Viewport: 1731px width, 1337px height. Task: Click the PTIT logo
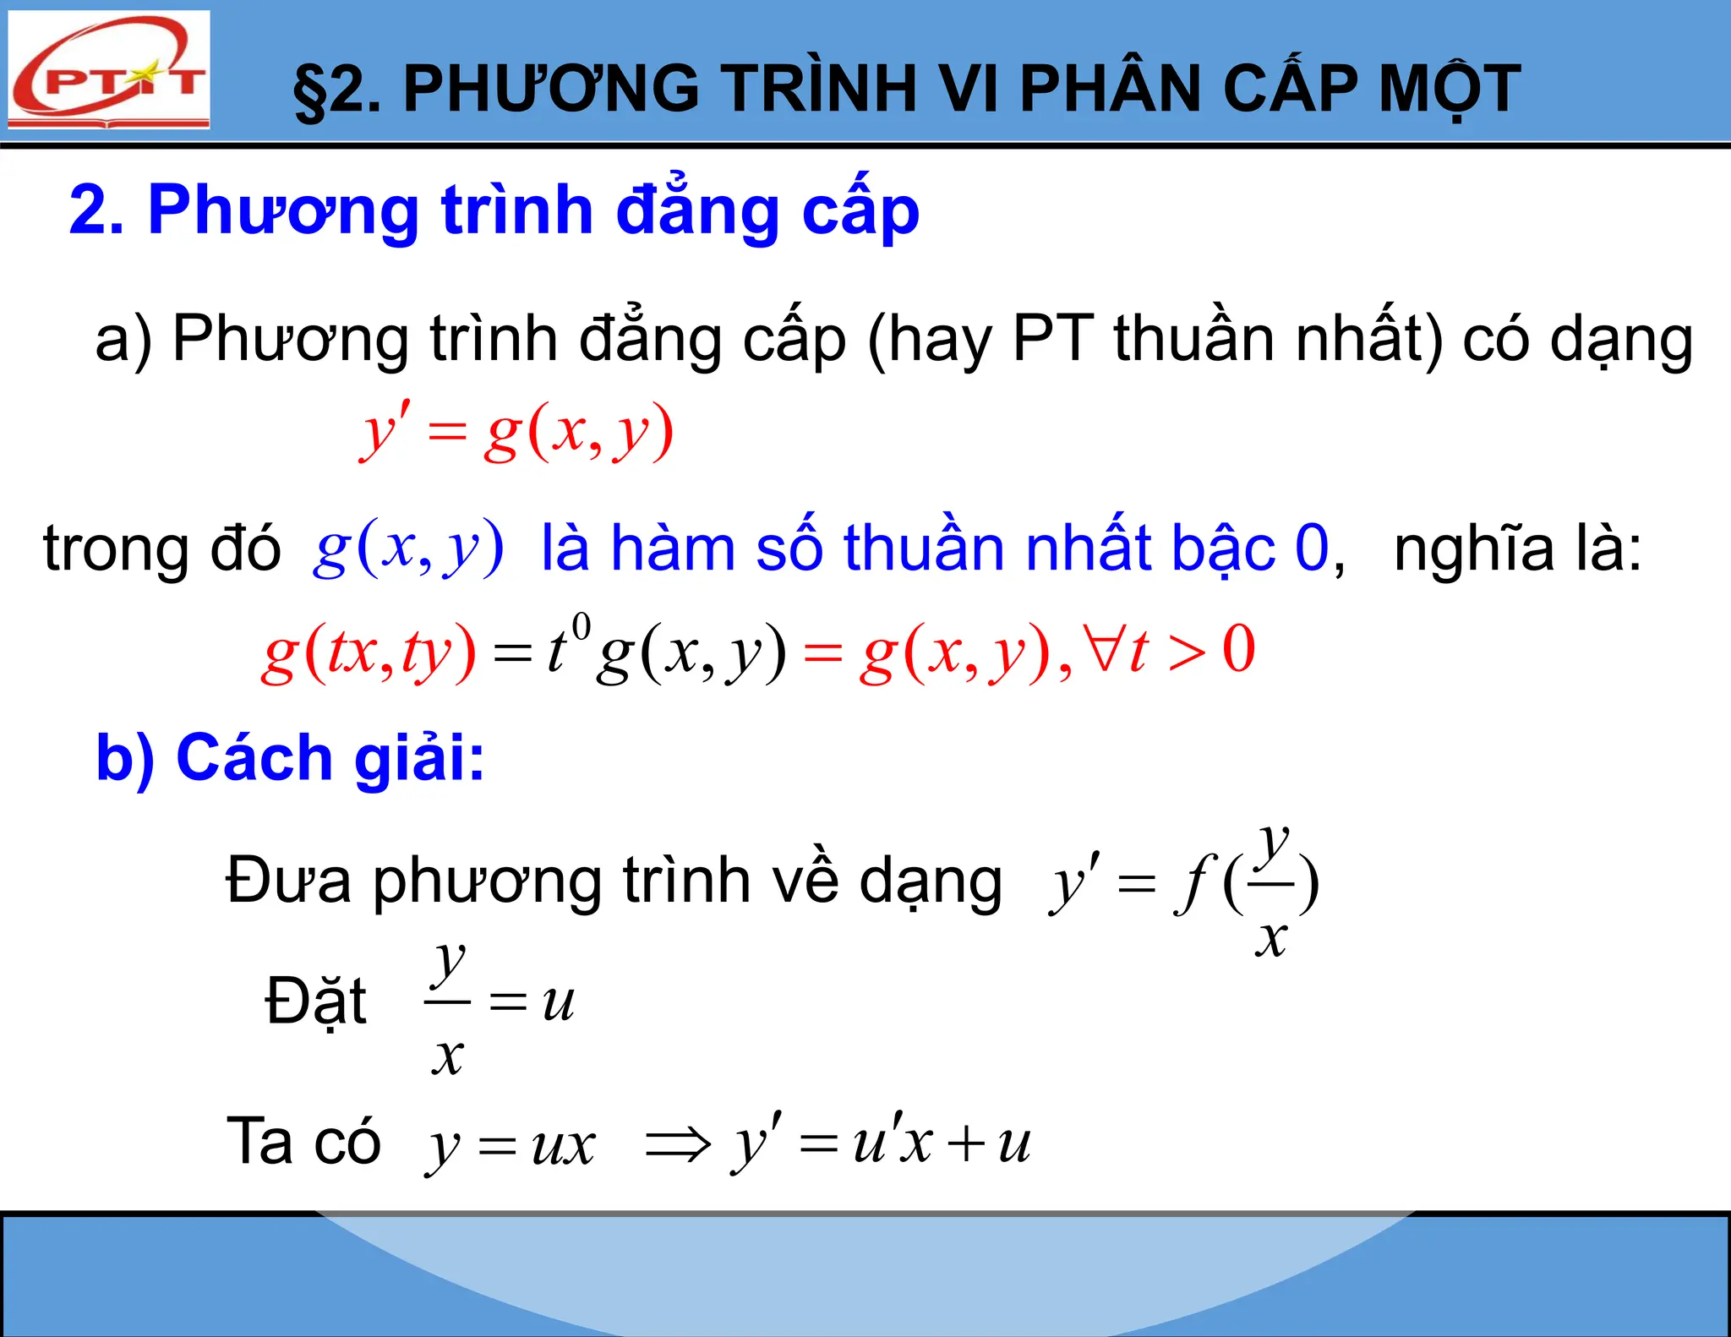coord(108,69)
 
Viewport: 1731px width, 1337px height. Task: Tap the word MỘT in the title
coord(1449,90)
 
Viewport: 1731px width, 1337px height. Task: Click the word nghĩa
coord(1475,549)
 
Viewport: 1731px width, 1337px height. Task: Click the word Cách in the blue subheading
coord(254,757)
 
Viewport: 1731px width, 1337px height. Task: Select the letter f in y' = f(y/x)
coord(1193,884)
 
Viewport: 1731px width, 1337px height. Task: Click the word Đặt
coord(315,1002)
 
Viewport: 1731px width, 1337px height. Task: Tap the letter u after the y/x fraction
coord(558,1002)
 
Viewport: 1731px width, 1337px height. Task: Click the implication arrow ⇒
coord(678,1144)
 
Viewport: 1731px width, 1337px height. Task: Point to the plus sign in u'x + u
coord(966,1144)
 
